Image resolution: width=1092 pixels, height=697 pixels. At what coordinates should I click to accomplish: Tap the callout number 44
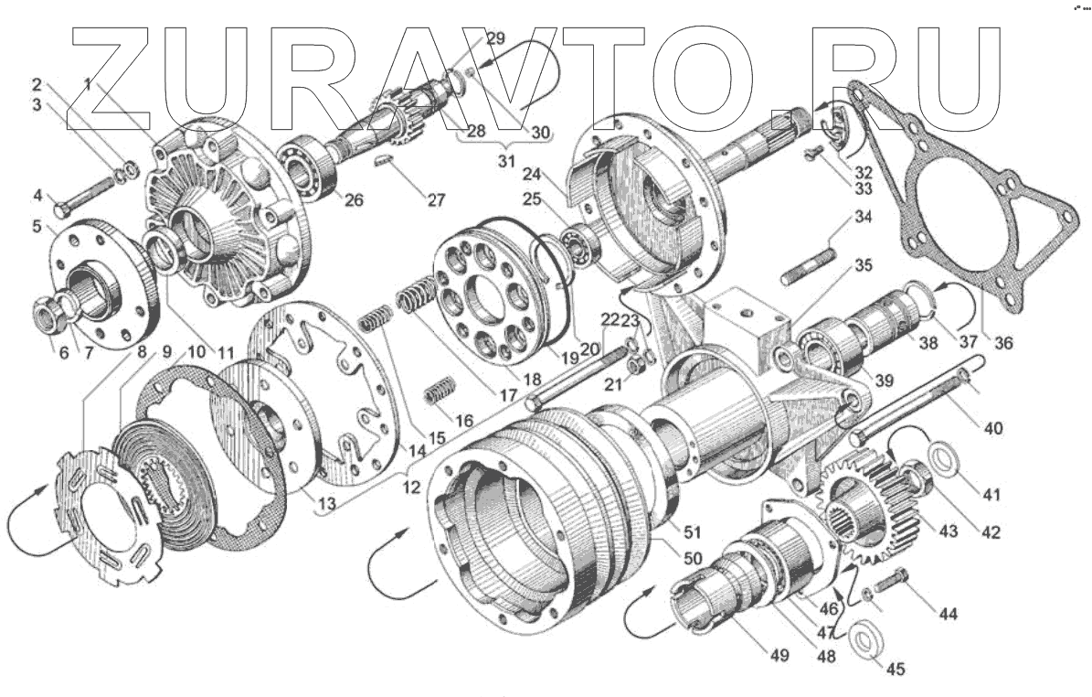[x=948, y=615]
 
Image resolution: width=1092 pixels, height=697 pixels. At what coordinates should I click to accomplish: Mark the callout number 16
[x=464, y=422]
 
